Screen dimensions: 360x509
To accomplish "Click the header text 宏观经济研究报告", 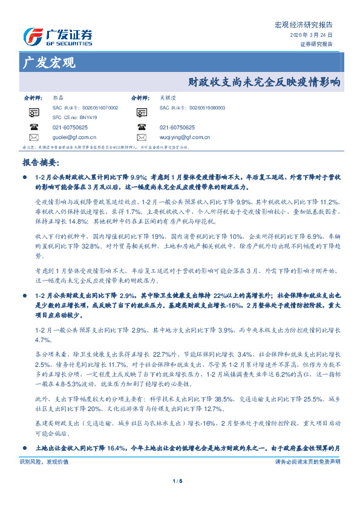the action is (304, 25).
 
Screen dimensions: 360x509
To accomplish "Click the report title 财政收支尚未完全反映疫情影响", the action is (264, 81).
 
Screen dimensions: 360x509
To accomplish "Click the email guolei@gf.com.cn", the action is (70, 137).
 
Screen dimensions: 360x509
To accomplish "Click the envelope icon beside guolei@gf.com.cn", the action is (33, 137).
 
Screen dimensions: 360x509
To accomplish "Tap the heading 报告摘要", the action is (40, 163).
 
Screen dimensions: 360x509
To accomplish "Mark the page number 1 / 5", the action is (179, 498).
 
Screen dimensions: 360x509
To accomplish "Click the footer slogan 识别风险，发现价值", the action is (45, 478).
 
